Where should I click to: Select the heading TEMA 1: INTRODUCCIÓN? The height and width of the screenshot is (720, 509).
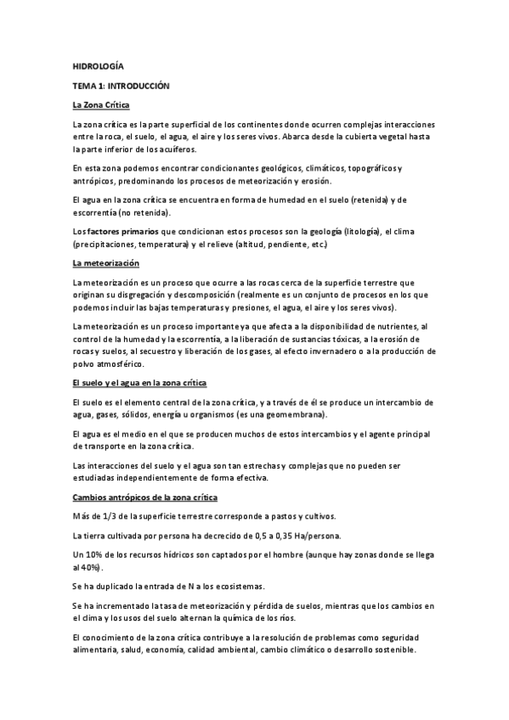tap(122, 86)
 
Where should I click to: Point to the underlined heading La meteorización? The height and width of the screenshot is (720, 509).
tap(105, 262)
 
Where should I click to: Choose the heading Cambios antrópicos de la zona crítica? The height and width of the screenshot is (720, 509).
tap(144, 496)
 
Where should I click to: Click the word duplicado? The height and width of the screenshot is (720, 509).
tap(116, 586)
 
